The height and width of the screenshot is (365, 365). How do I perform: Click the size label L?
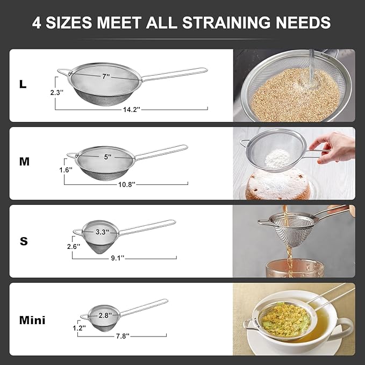click(x=23, y=84)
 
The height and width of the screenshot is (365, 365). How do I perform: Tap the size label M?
click(x=24, y=161)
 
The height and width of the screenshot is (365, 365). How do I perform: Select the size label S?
click(x=24, y=241)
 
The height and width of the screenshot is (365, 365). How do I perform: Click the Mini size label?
click(x=32, y=320)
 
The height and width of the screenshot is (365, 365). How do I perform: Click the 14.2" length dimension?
click(x=131, y=109)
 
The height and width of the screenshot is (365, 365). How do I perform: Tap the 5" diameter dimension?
click(x=108, y=157)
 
